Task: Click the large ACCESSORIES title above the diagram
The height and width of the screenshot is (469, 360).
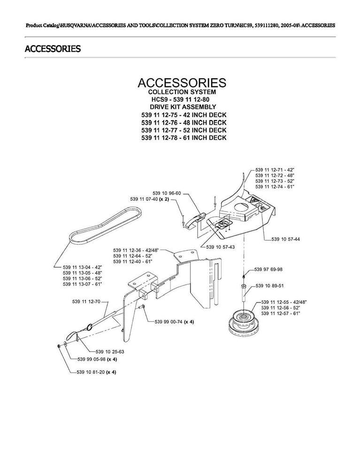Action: pyautogui.click(x=182, y=83)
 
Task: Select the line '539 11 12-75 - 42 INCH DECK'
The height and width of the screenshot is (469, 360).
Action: pyautogui.click(x=184, y=114)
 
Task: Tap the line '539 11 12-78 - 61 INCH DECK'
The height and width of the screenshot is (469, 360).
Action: pyautogui.click(x=184, y=137)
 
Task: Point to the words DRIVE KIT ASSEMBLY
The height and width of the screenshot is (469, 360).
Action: pyautogui.click(x=183, y=107)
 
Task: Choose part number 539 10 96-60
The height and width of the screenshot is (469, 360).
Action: pyautogui.click(x=167, y=193)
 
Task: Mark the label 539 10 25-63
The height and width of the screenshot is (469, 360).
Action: pyautogui.click(x=109, y=351)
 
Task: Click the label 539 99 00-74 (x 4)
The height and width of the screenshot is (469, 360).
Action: pyautogui.click(x=174, y=322)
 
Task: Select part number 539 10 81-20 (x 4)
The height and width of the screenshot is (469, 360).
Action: pyautogui.click(x=96, y=372)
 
